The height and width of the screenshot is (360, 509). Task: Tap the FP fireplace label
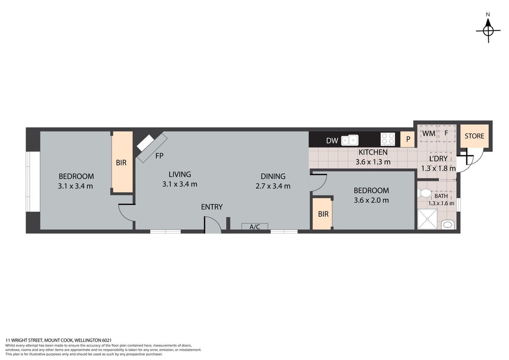click(x=159, y=156)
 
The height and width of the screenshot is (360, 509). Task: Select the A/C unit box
click(x=255, y=226)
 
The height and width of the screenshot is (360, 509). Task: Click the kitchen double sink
click(x=350, y=140)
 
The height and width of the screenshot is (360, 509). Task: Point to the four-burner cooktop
click(x=388, y=139)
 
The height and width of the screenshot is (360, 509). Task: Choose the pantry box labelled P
click(x=408, y=139)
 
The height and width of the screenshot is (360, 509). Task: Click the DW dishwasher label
click(x=332, y=141)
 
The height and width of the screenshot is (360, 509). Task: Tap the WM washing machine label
click(x=429, y=133)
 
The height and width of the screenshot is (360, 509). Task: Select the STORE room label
click(x=474, y=136)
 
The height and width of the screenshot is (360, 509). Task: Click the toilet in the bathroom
click(x=425, y=193)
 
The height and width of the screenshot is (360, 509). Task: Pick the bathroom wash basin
click(x=448, y=225)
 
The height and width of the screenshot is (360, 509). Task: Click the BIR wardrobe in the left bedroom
click(x=122, y=162)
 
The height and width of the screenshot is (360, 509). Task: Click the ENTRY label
click(x=212, y=207)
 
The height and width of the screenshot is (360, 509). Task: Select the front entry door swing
click(x=213, y=225)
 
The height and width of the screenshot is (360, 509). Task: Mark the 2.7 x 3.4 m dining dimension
click(x=273, y=186)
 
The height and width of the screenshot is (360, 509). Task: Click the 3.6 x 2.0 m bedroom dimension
click(x=371, y=200)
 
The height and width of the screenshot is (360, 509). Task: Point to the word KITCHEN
click(x=373, y=152)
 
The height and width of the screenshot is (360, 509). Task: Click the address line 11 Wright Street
click(x=58, y=340)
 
